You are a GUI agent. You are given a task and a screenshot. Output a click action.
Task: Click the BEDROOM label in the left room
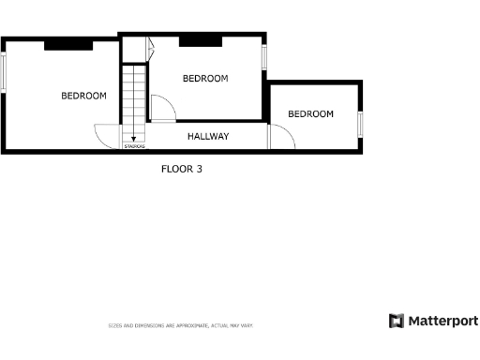(x=83, y=96)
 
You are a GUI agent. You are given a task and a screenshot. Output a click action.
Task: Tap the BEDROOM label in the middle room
(x=204, y=79)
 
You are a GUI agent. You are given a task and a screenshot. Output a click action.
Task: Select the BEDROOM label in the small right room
(x=310, y=114)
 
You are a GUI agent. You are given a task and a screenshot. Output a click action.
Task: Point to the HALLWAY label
(x=208, y=137)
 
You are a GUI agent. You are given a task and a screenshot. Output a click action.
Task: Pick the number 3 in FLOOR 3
(x=199, y=170)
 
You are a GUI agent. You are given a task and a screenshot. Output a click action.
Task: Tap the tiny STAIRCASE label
(x=134, y=146)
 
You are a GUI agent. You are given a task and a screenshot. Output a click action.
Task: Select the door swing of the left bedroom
(x=109, y=137)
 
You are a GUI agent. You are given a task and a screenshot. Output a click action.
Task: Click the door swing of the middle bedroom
(x=162, y=110)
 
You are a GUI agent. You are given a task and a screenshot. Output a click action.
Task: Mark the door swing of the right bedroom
(x=281, y=138)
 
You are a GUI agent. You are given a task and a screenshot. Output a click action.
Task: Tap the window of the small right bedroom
(x=361, y=125)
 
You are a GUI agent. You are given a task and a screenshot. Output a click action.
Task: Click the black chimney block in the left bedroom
(x=67, y=43)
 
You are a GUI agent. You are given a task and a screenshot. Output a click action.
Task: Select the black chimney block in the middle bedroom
(x=200, y=39)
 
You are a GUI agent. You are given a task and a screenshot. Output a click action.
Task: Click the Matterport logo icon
(x=397, y=321)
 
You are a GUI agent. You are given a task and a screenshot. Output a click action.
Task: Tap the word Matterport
(x=442, y=322)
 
